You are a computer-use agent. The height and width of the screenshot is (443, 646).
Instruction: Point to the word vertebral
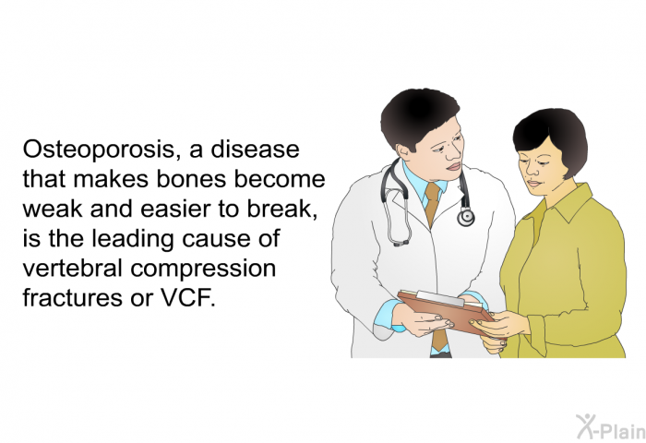pos(73,268)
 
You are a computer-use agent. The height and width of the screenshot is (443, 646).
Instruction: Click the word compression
pos(203,269)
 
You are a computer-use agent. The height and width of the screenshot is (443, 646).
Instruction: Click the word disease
pos(255,150)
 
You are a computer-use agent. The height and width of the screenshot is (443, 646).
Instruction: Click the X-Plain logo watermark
pos(611,427)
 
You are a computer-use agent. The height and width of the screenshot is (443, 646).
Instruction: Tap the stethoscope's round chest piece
pos(465,217)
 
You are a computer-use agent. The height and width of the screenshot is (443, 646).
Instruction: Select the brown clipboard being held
pos(446,311)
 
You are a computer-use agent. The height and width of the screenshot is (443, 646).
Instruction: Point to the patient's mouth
pos(533,184)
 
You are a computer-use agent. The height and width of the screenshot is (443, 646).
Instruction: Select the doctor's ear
pos(404,151)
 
